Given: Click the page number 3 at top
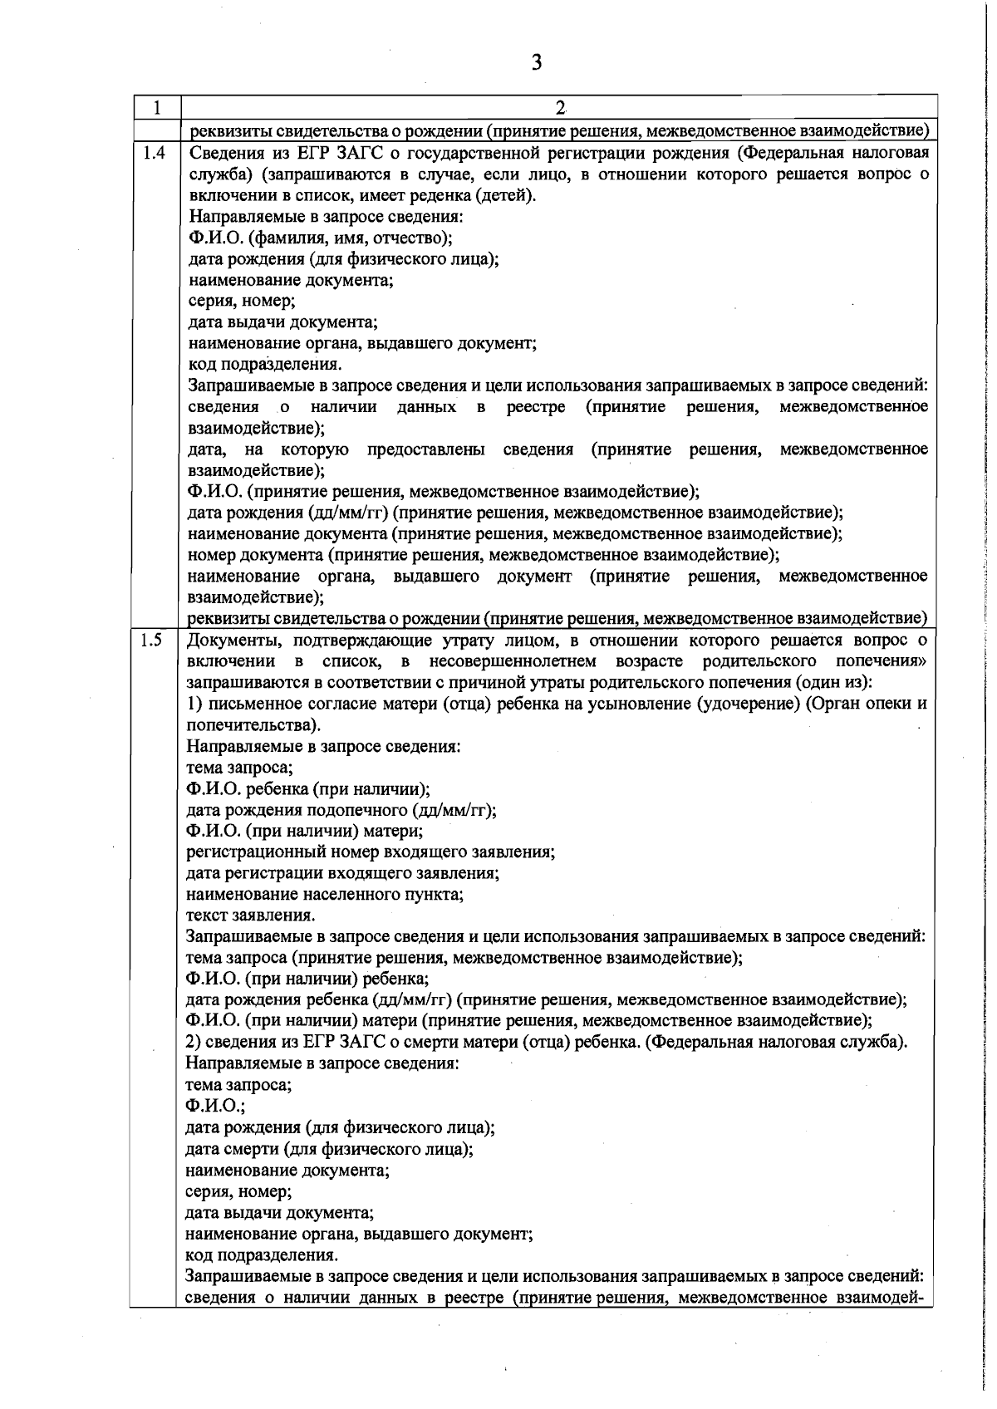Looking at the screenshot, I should coord(537,62).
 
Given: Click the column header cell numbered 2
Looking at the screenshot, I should coord(559,108).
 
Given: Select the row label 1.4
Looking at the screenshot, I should coord(155,153).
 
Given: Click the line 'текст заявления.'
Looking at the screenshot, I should coord(250,916).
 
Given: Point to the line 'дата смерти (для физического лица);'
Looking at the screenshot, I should coord(329,1149).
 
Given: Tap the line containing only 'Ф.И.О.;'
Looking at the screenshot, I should coord(214,1107).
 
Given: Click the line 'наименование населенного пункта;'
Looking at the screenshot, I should coord(324,895).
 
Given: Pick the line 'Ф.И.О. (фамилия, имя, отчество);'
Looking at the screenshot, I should coord(320,238).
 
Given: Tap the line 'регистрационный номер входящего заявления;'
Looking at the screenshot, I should coord(371,852).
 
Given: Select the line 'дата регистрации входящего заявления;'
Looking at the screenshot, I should coord(342,873).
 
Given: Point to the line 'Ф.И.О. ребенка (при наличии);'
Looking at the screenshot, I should coord(307,788).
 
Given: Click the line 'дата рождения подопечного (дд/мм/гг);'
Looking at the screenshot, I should coord(341,810).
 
